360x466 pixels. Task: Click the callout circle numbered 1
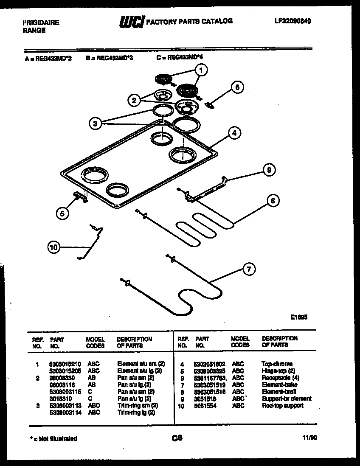click(201, 70)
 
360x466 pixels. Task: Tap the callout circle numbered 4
click(233, 132)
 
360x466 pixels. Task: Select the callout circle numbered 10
click(53, 248)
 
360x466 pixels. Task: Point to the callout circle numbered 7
click(249, 268)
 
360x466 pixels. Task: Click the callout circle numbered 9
click(268, 170)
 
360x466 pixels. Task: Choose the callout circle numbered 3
click(96, 124)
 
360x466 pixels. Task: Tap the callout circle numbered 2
click(134, 100)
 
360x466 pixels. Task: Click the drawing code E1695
click(299, 316)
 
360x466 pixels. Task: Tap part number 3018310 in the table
click(59, 399)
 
